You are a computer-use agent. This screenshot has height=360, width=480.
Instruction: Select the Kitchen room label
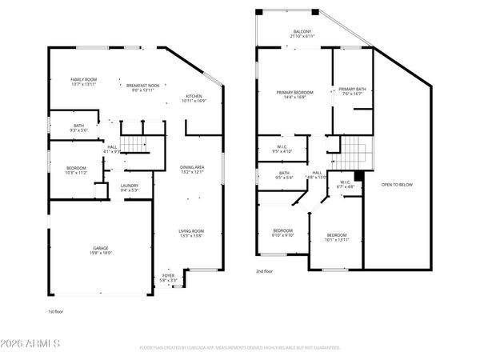coord(195,98)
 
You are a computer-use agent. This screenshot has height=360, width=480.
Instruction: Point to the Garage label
coord(101,250)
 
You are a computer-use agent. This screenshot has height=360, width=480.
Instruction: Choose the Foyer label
coord(169,278)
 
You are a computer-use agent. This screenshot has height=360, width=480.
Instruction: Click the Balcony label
coord(302,34)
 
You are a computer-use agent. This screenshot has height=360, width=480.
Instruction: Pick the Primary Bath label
coord(352,91)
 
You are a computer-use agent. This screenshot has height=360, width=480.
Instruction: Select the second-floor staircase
coord(353,148)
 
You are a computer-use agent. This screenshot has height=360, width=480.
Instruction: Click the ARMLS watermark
coord(32,344)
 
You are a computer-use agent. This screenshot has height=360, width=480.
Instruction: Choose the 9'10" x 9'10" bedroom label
coord(284,234)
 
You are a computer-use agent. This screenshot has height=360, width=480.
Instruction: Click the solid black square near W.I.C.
coord(358,175)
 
